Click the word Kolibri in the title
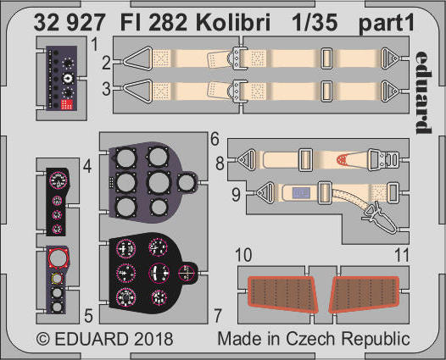coord(232,22)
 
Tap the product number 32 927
coord(70,22)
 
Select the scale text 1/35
coord(315,22)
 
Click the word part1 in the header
coord(387,25)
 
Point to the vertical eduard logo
coord(423,92)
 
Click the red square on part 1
coord(67,104)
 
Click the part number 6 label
coord(215,139)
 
